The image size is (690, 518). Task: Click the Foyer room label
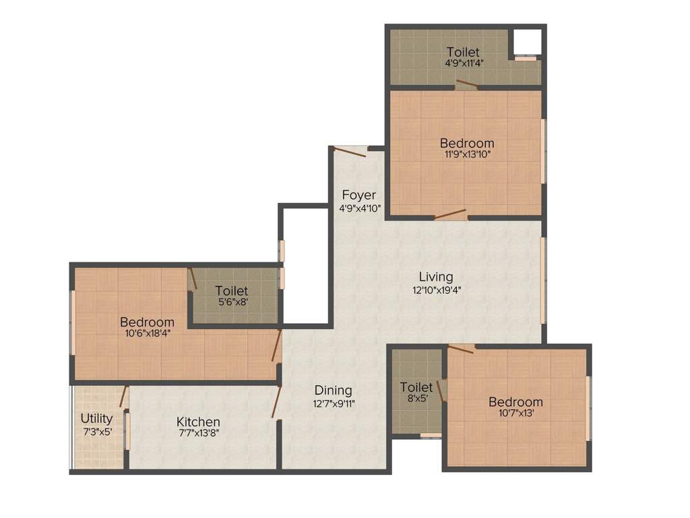pos(358,195)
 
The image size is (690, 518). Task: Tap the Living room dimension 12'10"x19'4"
pos(436,291)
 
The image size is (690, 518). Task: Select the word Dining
pos(333,390)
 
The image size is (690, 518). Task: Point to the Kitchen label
pos(199,422)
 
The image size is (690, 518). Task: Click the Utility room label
pos(97,418)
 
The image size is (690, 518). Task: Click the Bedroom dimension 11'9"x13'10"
pos(466,154)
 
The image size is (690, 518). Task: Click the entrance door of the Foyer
pos(350,152)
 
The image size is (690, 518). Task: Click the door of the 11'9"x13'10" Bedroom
pos(450,214)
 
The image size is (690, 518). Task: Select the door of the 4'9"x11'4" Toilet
pos(466,84)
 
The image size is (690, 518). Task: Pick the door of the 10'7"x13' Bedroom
pos(462,348)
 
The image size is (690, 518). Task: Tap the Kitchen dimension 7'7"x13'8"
pos(199,434)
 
